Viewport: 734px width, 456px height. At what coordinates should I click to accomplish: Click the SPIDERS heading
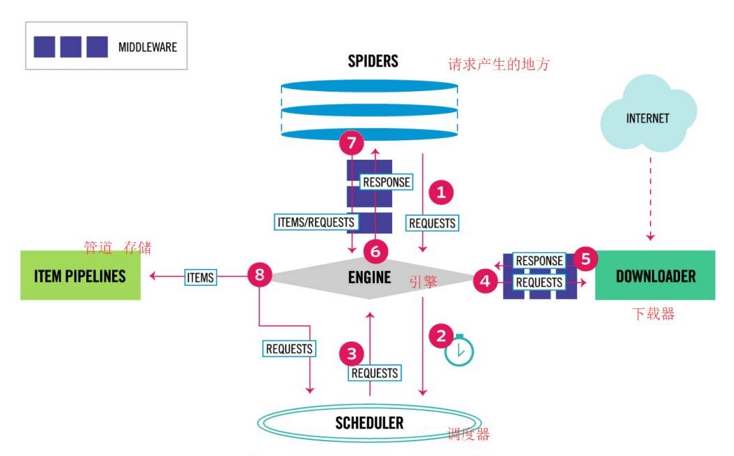click(x=373, y=61)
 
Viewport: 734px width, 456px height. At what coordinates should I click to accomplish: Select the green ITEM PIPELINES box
click(x=80, y=275)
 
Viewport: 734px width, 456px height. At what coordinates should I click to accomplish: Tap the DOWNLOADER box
click(x=655, y=275)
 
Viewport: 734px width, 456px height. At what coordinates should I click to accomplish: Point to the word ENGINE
click(x=369, y=277)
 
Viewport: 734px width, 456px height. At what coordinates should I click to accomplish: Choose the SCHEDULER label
click(x=369, y=422)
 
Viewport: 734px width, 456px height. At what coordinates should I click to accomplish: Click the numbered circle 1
click(x=441, y=192)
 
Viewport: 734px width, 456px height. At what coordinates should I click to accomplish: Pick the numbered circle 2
click(x=441, y=336)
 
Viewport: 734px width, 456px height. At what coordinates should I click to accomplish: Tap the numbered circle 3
click(x=352, y=354)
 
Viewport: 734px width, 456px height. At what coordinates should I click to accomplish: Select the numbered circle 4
click(x=485, y=282)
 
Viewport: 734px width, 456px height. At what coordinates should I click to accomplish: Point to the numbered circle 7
click(x=352, y=144)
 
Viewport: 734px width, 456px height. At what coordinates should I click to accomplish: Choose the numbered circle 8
click(x=259, y=275)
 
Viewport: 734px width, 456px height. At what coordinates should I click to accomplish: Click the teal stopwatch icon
click(x=459, y=351)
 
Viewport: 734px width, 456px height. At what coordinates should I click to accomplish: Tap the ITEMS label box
click(x=200, y=277)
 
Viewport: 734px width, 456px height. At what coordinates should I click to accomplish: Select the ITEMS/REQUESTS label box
click(x=315, y=222)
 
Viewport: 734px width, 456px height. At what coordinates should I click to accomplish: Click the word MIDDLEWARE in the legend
click(x=148, y=47)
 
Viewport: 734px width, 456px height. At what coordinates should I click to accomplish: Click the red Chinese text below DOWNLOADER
click(x=653, y=314)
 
